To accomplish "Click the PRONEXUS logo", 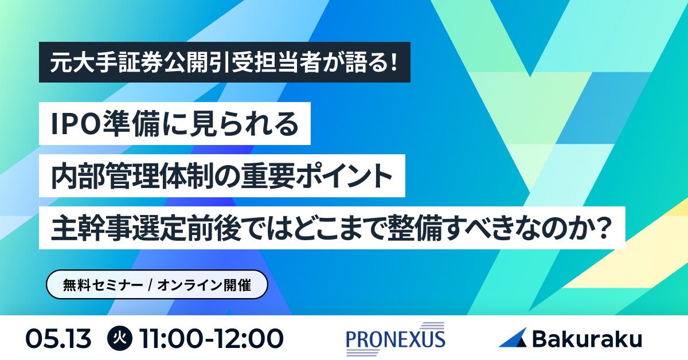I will click(396, 338).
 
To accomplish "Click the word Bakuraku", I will click(587, 338).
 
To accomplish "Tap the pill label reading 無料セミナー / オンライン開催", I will click(157, 285).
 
